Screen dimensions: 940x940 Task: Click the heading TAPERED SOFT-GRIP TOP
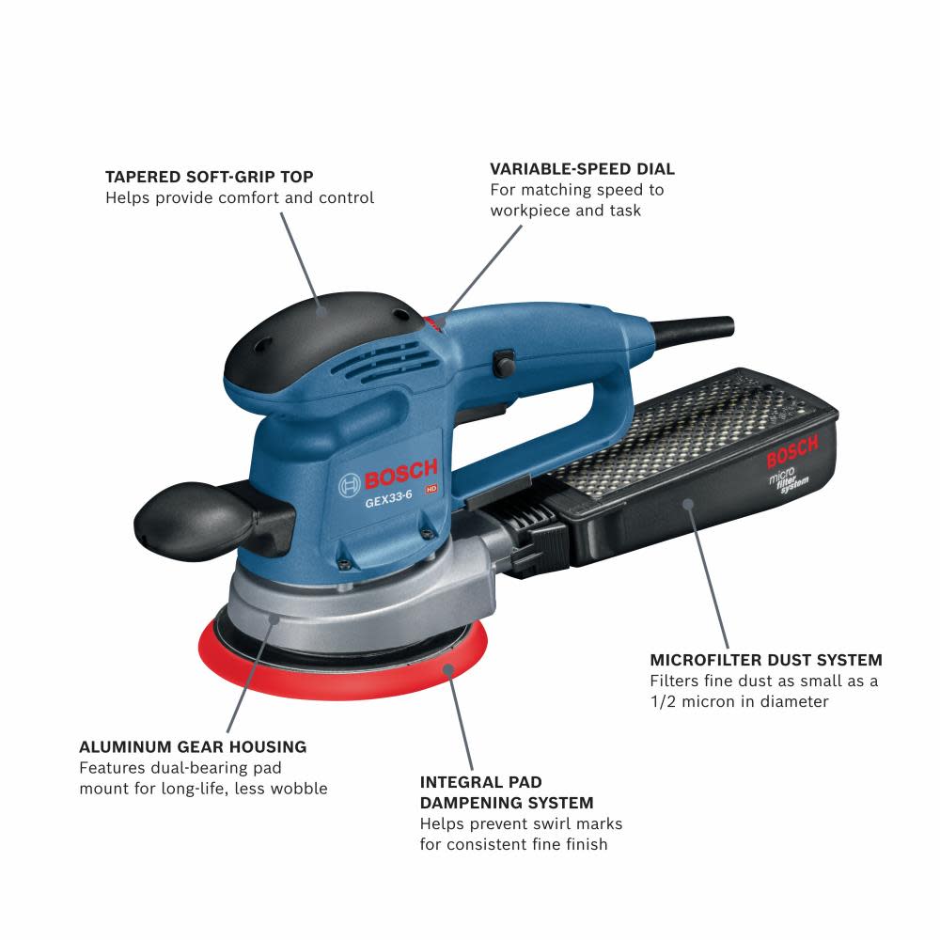209,177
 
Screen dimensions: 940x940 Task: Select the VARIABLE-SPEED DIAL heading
582,169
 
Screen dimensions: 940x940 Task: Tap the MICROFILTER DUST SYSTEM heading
766,660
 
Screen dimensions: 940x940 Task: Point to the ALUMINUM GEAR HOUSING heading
193,747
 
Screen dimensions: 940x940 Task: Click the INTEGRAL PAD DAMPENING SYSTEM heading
507,792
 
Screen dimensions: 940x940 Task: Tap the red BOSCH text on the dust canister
791,450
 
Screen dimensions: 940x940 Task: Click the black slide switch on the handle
504,360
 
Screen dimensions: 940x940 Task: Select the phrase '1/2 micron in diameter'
740,701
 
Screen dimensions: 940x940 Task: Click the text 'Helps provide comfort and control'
240,198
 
